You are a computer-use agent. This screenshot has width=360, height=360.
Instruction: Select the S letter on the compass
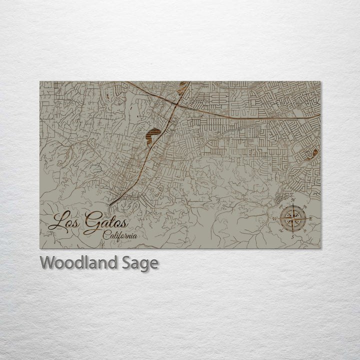(x=293, y=237)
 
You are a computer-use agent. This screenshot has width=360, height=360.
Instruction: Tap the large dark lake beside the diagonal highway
(x=153, y=134)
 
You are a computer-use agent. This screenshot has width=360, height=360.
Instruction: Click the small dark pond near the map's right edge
(x=314, y=153)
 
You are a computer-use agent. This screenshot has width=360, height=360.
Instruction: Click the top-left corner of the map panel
(x=40, y=81)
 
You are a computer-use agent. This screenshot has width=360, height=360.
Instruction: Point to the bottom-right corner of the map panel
(x=321, y=248)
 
